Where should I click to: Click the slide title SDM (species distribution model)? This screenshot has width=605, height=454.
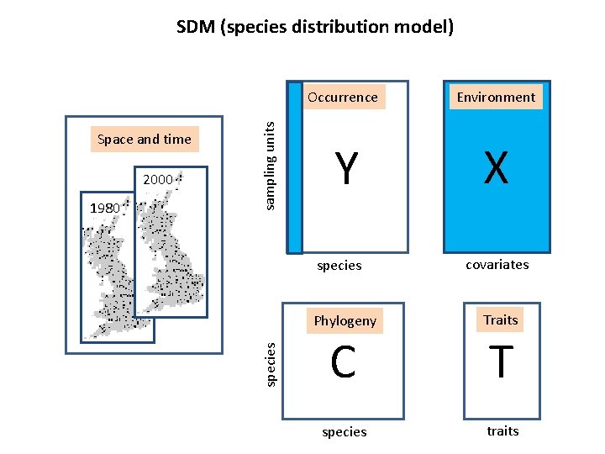click(x=315, y=27)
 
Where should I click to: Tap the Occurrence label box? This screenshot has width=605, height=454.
click(x=343, y=97)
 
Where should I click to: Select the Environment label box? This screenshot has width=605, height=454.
click(x=496, y=97)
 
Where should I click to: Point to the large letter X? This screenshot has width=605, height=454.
click(x=496, y=169)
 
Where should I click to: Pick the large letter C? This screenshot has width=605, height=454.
click(x=343, y=362)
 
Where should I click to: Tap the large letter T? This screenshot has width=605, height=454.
click(x=501, y=362)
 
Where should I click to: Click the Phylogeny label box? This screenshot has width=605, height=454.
click(x=345, y=320)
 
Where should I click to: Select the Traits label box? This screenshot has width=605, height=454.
click(x=501, y=319)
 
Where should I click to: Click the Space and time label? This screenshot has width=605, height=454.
click(x=145, y=139)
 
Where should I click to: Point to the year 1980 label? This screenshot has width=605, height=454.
click(x=105, y=208)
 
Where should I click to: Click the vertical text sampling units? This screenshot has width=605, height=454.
click(x=270, y=165)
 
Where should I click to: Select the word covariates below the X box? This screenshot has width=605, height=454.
click(x=497, y=264)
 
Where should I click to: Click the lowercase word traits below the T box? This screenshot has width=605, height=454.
click(x=502, y=430)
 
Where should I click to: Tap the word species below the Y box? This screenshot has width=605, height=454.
click(x=339, y=265)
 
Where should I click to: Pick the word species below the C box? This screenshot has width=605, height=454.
click(x=345, y=431)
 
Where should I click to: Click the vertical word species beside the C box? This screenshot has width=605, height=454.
click(x=270, y=365)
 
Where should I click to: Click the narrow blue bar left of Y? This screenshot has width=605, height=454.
click(x=294, y=167)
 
